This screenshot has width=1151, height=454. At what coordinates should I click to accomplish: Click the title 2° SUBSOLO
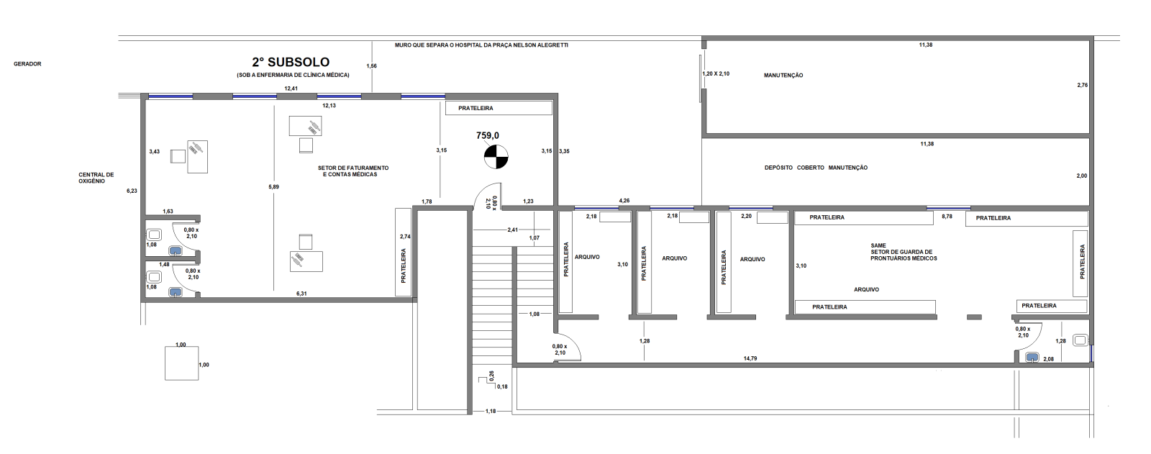291,62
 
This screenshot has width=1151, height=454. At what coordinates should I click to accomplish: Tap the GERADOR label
27,64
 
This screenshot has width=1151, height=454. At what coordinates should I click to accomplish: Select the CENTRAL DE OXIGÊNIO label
96,178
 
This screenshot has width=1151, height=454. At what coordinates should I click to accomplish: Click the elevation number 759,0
488,136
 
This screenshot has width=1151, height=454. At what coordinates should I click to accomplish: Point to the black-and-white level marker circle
496,157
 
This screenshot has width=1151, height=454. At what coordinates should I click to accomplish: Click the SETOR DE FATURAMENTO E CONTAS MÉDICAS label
353,171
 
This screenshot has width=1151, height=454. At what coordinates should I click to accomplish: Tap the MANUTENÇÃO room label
783,76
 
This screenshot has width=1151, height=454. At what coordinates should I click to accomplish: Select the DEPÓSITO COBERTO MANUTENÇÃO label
816,168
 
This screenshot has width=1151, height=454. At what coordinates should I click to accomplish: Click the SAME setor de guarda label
904,252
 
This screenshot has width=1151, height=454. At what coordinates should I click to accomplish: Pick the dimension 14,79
750,358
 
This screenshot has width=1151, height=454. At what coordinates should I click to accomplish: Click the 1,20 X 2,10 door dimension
716,73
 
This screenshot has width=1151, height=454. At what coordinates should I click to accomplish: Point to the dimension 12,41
291,88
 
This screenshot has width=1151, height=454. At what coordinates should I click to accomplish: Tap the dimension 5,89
274,186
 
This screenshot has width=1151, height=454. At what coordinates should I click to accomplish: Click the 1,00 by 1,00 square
181,363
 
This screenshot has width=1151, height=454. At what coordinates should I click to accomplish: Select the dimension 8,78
947,217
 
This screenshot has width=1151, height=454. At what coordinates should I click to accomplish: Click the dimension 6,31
301,294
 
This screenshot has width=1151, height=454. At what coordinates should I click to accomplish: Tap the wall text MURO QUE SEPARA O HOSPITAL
481,45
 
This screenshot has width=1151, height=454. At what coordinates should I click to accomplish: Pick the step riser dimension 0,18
502,386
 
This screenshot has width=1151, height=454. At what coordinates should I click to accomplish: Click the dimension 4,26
624,201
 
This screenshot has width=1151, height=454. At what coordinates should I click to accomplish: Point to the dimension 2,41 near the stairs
513,230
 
